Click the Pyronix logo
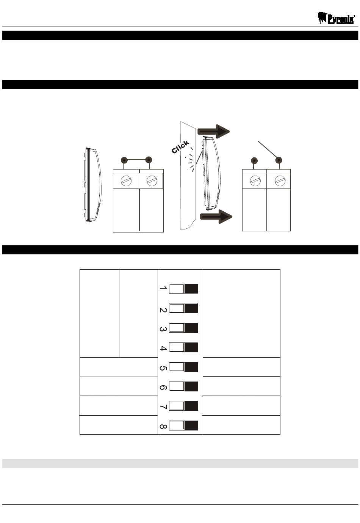coord(336,18)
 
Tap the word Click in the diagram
coord(180,147)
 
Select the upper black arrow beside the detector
coord(213,131)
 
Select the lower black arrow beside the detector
coord(216,217)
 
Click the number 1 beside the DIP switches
coord(163,288)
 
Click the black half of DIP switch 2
coord(191,308)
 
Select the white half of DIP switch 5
coord(177,367)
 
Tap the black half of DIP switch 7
coord(191,406)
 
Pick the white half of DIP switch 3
coord(177,328)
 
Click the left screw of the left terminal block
coord(126,181)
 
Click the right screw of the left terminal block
coord(152,181)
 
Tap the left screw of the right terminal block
coord(255,181)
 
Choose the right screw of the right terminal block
coord(280,181)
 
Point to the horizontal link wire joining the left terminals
coord(136,159)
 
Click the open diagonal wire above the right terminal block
coord(267,150)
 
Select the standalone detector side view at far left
coord(93,184)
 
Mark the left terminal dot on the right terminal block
coord(254,161)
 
